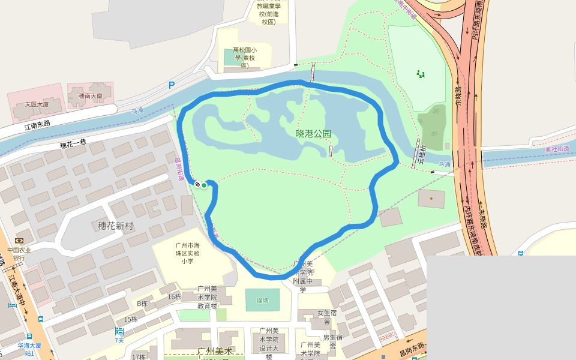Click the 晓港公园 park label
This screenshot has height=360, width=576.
coord(313,134)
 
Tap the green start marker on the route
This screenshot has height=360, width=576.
coord(204,185)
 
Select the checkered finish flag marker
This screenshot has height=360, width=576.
coord(197,184)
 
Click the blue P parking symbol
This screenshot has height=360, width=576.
coord(172,85)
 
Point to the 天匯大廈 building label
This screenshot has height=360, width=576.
coord(37,104)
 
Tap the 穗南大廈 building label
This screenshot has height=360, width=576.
coord(91,96)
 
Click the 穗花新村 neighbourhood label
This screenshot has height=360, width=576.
coord(116,226)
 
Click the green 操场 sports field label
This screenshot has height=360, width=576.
coord(263,300)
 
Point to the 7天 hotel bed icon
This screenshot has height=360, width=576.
coord(119,331)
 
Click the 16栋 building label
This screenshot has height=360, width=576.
coord(175,296)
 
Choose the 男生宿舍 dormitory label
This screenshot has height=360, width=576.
coord(333,341)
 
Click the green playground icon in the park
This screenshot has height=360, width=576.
coord(421,74)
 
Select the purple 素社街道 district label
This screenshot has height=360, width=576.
coord(557,148)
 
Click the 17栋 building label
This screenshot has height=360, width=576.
coord(138,357)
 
